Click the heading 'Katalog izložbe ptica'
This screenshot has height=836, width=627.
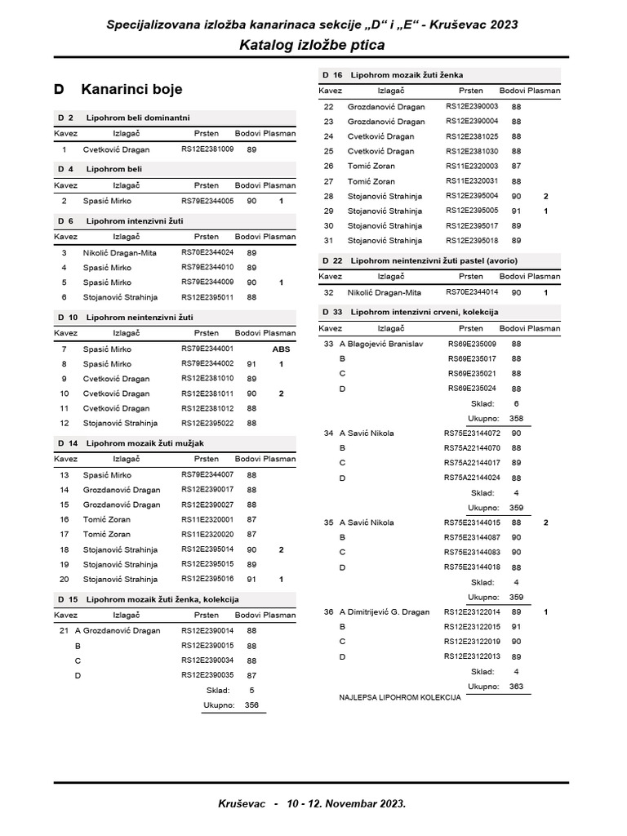click(312, 46)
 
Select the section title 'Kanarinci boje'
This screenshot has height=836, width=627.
click(131, 89)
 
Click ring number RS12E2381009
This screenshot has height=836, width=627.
click(207, 149)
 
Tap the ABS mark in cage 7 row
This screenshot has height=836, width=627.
click(281, 349)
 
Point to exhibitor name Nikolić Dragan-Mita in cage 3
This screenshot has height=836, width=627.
click(119, 253)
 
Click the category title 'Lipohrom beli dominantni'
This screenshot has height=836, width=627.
click(138, 118)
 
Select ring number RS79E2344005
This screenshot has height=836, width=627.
click(207, 201)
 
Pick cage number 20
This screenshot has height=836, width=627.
click(64, 579)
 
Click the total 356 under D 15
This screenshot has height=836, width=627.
click(251, 705)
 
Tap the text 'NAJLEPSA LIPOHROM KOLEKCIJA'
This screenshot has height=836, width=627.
click(400, 698)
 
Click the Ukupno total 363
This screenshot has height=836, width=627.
click(516, 687)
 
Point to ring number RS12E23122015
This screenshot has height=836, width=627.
click(471, 627)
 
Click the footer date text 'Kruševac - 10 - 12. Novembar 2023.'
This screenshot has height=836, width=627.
click(312, 803)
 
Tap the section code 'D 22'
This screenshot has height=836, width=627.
click(332, 260)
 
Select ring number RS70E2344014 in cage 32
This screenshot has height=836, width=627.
click(471, 291)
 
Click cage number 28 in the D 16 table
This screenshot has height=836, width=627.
click(329, 196)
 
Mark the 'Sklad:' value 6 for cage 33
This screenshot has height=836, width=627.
click(516, 403)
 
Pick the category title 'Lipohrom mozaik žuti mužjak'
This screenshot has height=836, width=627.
click(145, 442)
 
